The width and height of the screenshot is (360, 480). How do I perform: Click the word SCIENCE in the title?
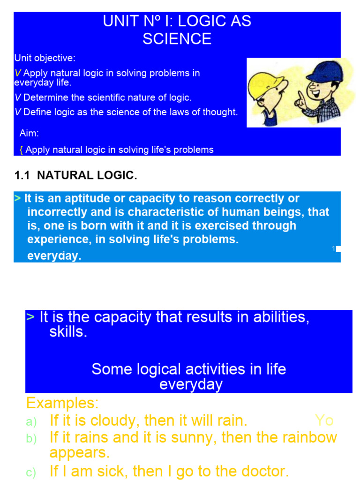click(177, 39)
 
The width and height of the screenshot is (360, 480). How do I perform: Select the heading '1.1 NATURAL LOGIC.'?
click(76, 176)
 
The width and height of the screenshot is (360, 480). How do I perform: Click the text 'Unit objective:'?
click(45, 58)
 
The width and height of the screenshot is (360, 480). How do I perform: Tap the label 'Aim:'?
click(29, 134)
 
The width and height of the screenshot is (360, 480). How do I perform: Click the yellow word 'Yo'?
click(324, 420)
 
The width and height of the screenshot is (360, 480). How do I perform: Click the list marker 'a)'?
click(31, 422)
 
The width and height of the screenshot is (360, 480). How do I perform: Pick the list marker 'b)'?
click(31, 439)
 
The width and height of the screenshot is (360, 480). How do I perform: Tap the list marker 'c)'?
click(31, 473)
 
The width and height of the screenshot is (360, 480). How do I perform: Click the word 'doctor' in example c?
click(261, 471)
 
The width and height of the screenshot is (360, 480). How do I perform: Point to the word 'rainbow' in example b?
click(309, 437)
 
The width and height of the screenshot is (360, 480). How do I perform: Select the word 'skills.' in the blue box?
click(68, 332)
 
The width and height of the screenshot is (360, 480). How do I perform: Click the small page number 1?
click(334, 248)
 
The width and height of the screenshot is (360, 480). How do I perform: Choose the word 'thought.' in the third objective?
click(220, 112)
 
